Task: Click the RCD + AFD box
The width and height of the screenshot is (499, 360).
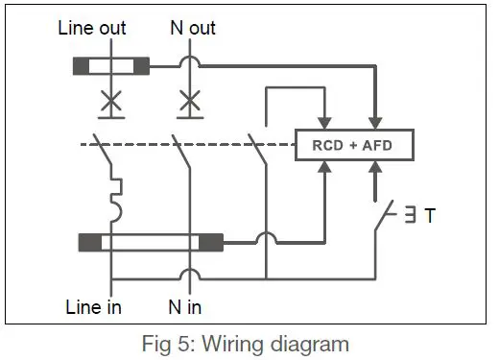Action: coord(352,146)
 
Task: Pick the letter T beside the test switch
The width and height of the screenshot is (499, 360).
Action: coord(429,216)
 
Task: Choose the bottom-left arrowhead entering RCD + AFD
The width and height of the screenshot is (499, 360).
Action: coord(326,168)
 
